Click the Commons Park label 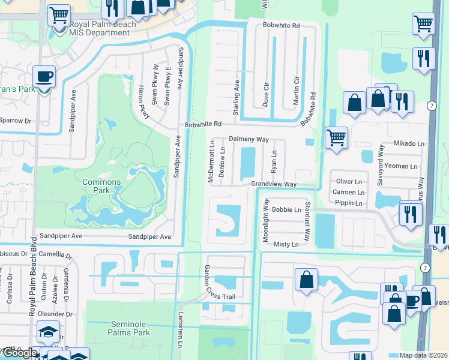pyautogui.click(x=101, y=186)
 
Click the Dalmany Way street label pyautogui.click(x=249, y=139)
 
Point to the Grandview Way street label pyautogui.click(x=274, y=184)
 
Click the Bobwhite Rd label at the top pyautogui.click(x=281, y=26)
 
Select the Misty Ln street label pyautogui.click(x=286, y=245)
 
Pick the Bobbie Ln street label pyautogui.click(x=286, y=210)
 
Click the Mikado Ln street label pyautogui.click(x=409, y=144)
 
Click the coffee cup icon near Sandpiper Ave pyautogui.click(x=44, y=77)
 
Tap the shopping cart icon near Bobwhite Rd pyautogui.click(x=337, y=137)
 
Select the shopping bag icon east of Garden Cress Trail pyautogui.click(x=306, y=280)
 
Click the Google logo pyautogui.click(x=19, y=353)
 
